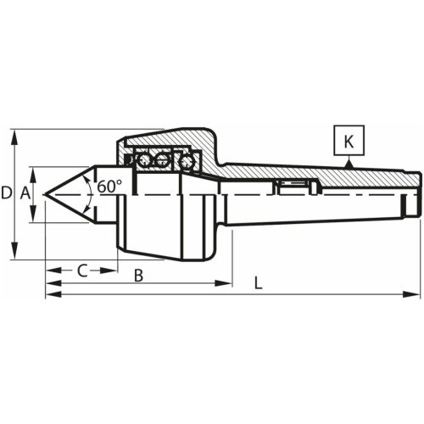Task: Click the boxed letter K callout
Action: pyautogui.click(x=349, y=140)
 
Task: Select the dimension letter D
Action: pyautogui.click(x=7, y=194)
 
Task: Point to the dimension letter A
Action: pyautogui.click(x=25, y=194)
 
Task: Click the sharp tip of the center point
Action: pyautogui.click(x=46, y=194)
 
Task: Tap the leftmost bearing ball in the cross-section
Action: pyautogui.click(x=144, y=159)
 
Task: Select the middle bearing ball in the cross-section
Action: pyautogui.click(x=163, y=159)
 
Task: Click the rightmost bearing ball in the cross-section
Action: pyautogui.click(x=182, y=159)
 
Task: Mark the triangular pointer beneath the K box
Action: pyautogui.click(x=349, y=163)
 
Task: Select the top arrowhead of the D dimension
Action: pyautogui.click(x=14, y=134)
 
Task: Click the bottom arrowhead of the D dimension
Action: pyautogui.click(x=14, y=257)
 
